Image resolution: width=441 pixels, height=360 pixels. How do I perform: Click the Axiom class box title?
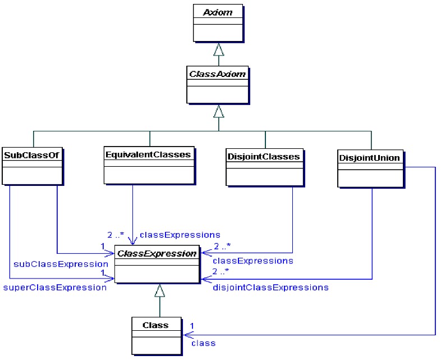218,12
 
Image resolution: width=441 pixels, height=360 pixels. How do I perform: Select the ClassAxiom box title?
217,74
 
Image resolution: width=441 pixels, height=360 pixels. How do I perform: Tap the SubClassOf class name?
31,155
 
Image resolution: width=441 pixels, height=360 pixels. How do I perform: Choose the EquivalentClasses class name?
148,154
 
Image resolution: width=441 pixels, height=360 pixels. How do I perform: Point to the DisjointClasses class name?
264,157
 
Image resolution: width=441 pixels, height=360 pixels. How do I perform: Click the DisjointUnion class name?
370,158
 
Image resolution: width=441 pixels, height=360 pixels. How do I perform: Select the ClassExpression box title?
157,254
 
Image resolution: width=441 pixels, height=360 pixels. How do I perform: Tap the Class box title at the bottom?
155,325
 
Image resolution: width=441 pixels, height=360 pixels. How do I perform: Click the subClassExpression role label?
61,264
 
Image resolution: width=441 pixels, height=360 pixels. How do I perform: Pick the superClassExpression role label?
55,288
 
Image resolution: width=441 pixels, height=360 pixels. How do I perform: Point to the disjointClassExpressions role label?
270,288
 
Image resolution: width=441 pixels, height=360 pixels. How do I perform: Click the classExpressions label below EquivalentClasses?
180,235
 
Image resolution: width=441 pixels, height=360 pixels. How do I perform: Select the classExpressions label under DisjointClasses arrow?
253,261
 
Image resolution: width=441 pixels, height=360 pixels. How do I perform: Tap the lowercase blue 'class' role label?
203,343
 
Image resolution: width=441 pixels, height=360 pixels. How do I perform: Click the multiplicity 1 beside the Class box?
192,326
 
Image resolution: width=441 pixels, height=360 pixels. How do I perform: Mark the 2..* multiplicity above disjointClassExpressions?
221,271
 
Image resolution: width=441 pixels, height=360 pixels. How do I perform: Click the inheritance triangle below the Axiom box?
218,49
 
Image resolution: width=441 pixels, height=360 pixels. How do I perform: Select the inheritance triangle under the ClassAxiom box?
218,111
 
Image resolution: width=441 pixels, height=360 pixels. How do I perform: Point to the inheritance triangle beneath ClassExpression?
159,290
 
